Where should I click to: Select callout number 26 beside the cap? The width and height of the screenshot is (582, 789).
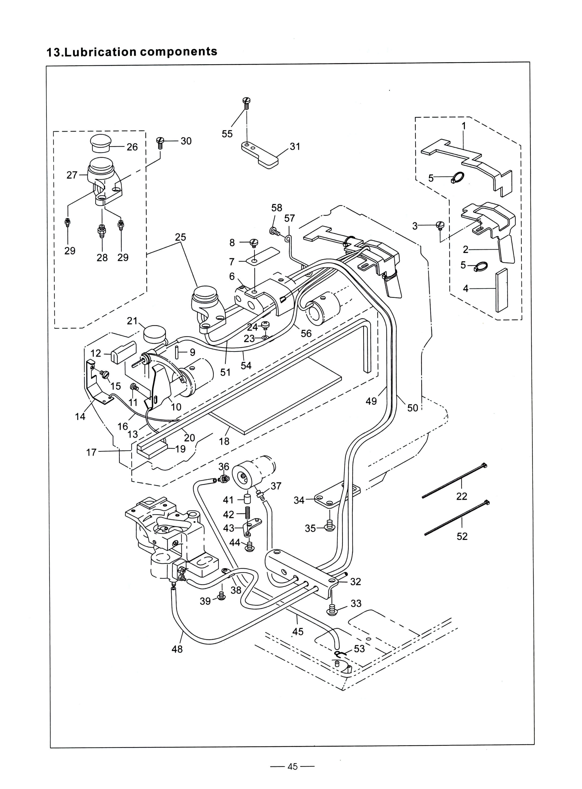click(x=132, y=147)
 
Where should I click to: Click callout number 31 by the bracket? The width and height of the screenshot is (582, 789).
click(x=295, y=147)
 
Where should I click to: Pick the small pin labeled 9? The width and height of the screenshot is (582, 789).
click(x=177, y=352)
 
